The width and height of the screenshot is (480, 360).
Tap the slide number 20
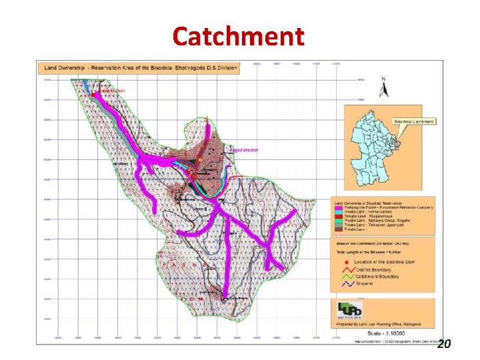click(444, 344)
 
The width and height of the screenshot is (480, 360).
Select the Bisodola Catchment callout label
click(414, 121)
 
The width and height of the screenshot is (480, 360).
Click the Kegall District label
click(244, 151)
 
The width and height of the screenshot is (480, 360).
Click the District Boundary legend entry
click(374, 271)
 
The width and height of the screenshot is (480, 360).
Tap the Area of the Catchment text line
click(371, 244)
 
